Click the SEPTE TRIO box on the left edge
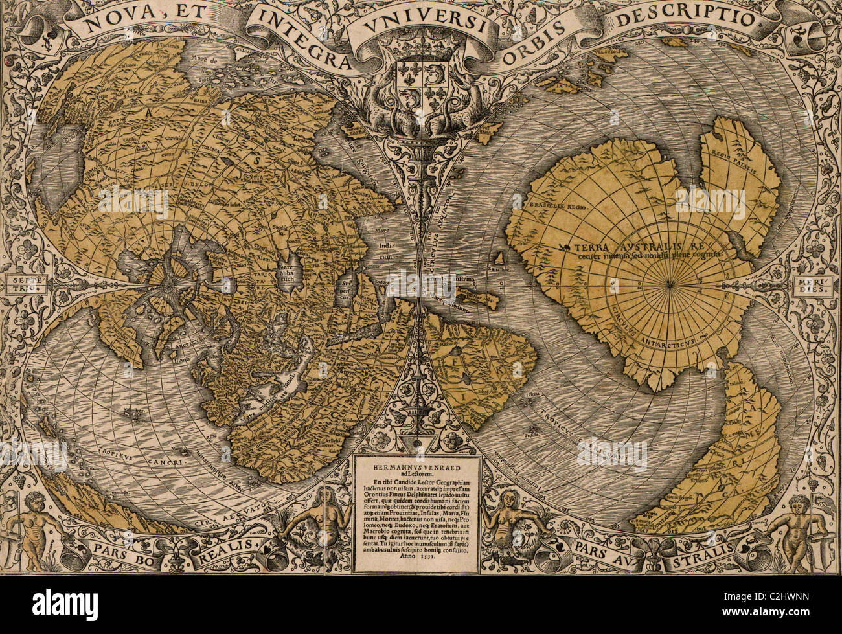coord(18,284)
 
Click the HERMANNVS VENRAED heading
coord(422,464)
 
